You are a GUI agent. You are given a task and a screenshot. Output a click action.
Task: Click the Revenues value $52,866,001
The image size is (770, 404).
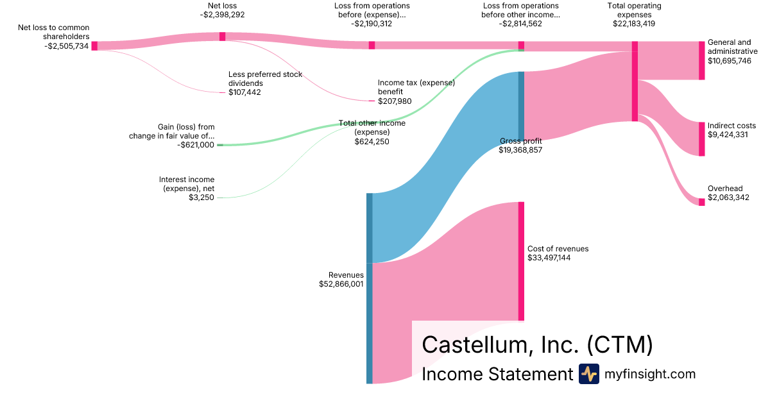pyautogui.click(x=341, y=283)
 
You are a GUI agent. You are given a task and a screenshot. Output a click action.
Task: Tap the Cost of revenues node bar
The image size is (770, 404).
pyautogui.click(x=521, y=261)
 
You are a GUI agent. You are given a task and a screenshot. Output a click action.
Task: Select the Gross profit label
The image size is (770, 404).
pyautogui.click(x=520, y=140)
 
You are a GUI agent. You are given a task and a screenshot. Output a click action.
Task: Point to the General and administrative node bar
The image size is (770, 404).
pyautogui.click(x=701, y=60)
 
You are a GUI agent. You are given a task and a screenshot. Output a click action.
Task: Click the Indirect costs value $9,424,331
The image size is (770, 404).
pyautogui.click(x=728, y=135)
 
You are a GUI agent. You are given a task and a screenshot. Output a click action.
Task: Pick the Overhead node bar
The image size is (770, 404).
pyautogui.click(x=701, y=202)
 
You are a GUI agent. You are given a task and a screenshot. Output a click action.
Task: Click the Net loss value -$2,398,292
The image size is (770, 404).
pyautogui.click(x=222, y=14)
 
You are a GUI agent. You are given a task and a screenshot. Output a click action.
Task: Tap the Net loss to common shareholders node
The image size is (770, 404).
pyautogui.click(x=94, y=46)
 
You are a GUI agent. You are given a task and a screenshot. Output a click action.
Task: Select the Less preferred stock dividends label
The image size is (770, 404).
pyautogui.click(x=265, y=79)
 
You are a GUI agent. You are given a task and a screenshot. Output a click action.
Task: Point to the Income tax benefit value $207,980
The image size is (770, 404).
pyautogui.click(x=395, y=101)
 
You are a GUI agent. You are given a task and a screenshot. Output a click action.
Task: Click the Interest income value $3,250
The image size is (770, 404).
pyautogui.click(x=201, y=198)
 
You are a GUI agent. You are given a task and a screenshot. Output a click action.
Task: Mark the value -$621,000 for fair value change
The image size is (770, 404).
pyautogui.click(x=196, y=145)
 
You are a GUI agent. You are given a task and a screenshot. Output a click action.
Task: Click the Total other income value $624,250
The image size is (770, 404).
pyautogui.click(x=372, y=142)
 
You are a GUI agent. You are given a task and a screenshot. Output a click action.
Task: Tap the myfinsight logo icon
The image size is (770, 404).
pyautogui.click(x=588, y=374)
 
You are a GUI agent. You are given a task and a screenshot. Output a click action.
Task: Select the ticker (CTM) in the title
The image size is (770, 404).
pyautogui.click(x=620, y=345)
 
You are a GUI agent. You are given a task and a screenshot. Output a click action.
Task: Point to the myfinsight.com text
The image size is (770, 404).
pyautogui.click(x=649, y=374)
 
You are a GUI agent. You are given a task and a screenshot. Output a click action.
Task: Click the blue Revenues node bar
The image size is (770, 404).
pyautogui.click(x=369, y=288)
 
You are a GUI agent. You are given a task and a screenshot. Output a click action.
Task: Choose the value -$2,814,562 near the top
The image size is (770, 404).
pyautogui.click(x=520, y=24)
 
